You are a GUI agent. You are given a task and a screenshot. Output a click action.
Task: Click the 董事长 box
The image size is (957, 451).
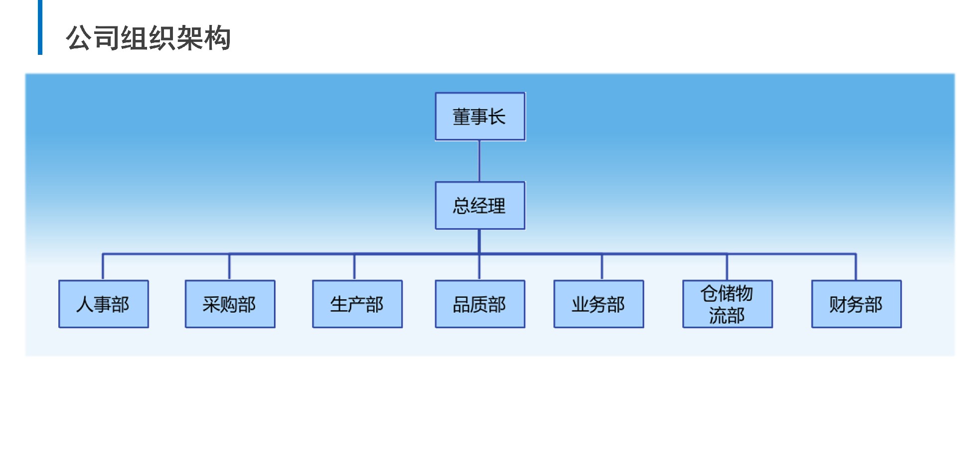[x=480, y=116]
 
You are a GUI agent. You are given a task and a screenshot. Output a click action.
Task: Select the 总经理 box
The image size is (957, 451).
[x=480, y=206]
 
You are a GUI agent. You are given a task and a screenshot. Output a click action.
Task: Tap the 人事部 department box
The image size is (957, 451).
[x=104, y=304]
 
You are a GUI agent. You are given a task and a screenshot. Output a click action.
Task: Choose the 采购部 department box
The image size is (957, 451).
[x=230, y=304]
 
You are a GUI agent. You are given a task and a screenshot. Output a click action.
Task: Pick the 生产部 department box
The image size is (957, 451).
[x=357, y=304]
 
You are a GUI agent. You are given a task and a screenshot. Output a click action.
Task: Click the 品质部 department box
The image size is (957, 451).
[x=480, y=304]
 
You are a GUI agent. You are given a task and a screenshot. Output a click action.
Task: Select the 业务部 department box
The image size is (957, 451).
[x=599, y=304]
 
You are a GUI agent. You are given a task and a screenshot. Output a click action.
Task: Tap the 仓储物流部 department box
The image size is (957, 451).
[x=727, y=304]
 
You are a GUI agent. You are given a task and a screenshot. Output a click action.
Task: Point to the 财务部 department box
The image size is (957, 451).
[x=856, y=304]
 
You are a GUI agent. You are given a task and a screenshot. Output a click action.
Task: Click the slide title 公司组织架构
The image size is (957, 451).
[x=148, y=38]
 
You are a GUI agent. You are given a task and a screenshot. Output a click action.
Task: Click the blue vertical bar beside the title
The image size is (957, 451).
[x=40, y=27]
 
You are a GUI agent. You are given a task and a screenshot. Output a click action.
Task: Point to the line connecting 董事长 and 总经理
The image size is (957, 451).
[x=479, y=161]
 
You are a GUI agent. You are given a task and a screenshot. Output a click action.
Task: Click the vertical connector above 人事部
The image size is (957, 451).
[x=103, y=267]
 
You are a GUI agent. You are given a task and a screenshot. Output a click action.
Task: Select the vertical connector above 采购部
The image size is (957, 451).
[x=229, y=267]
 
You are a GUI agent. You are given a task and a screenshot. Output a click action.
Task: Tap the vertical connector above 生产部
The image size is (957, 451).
[x=354, y=267]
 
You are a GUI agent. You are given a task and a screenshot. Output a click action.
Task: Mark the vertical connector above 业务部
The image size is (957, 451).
[x=602, y=267]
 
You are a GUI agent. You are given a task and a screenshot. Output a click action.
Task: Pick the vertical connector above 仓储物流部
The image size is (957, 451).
[x=727, y=267]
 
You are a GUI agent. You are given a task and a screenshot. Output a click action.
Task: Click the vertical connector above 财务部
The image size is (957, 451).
[x=856, y=267]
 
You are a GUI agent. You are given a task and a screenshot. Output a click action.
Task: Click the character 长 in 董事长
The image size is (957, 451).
[x=497, y=117]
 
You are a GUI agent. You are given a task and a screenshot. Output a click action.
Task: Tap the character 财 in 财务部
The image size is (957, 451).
[x=838, y=304]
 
